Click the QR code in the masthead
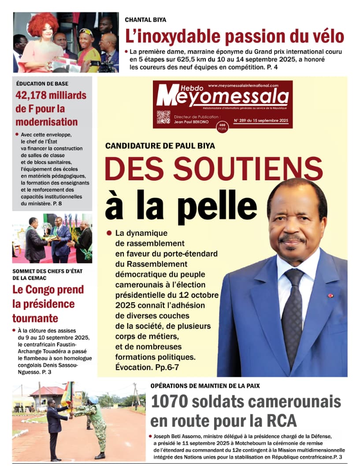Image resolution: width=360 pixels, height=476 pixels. (x=163, y=117)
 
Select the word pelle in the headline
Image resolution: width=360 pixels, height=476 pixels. (x=219, y=206)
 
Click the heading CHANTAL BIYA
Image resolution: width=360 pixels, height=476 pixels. (x=145, y=20)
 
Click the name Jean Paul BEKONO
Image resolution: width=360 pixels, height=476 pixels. (x=190, y=122)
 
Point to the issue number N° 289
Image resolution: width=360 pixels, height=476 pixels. (x=242, y=120)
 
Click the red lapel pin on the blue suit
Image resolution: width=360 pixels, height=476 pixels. (x=330, y=295)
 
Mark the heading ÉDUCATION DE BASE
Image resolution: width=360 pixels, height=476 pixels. (x=36, y=83)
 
